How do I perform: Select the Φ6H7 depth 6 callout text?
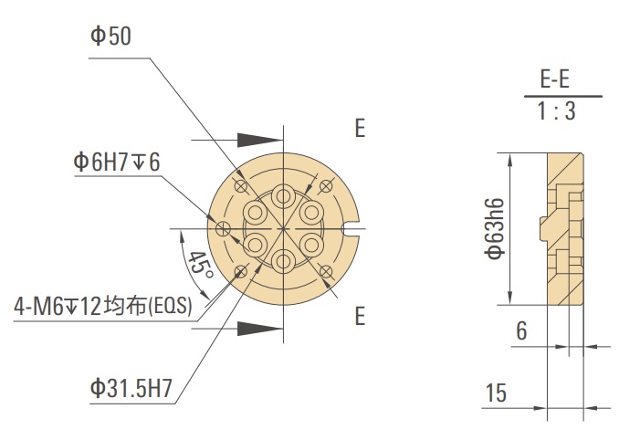117,162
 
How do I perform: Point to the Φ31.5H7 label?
131,389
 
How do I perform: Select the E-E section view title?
560,79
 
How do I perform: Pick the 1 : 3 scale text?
560,113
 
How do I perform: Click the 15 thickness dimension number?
496,393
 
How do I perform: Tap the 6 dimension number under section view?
521,331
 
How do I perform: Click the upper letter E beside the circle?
360,129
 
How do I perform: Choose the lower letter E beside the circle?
360,317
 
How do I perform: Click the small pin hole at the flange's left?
222,228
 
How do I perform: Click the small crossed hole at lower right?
327,270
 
